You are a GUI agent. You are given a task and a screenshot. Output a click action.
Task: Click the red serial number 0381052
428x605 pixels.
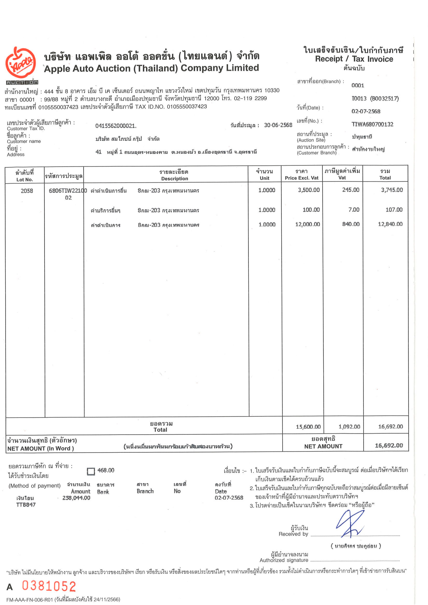pyautogui.click(x=49, y=586)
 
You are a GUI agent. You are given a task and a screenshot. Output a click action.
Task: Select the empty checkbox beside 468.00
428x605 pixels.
pyautogui.click(x=91, y=471)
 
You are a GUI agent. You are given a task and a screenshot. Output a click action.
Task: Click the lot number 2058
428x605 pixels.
pyautogui.click(x=27, y=191)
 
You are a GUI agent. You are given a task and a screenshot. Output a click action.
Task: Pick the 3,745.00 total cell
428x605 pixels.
pyautogui.click(x=392, y=190)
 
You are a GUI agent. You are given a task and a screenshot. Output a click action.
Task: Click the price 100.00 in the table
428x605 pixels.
pyautogui.click(x=311, y=210)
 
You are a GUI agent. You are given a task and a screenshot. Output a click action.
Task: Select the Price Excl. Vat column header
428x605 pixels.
pyautogui.click(x=301, y=175)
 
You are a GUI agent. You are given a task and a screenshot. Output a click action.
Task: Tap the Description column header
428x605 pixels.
pyautogui.click(x=174, y=175)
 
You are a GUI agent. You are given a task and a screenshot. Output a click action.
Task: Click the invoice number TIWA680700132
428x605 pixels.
pyautogui.click(x=372, y=124)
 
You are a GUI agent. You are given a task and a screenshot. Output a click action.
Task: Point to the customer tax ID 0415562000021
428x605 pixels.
pyautogui.click(x=116, y=126)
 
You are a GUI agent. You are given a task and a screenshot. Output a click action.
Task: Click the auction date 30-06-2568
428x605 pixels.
pyautogui.click(x=278, y=125)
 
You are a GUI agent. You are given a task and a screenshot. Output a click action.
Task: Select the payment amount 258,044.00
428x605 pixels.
pyautogui.click(x=76, y=498)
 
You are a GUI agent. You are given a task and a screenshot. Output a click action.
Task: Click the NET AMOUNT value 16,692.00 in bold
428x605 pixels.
pyautogui.click(x=389, y=445)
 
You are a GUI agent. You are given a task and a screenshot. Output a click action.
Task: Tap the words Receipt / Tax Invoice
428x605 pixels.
pyautogui.click(x=354, y=59)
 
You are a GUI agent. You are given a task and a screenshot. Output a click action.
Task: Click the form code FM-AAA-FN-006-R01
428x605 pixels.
pyautogui.click(x=30, y=600)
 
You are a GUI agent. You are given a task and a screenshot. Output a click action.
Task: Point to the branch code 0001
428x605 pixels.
pyautogui.click(x=357, y=86)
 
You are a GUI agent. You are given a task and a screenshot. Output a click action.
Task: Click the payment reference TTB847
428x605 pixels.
pyautogui.click(x=26, y=505)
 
